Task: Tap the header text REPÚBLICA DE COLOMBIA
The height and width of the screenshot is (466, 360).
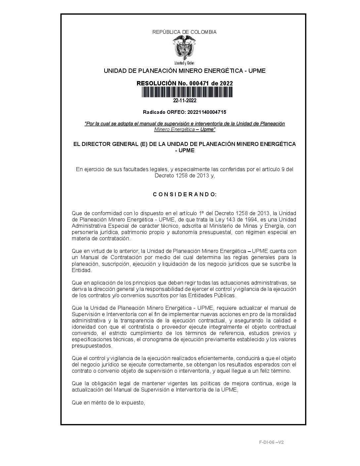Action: (x=184, y=32)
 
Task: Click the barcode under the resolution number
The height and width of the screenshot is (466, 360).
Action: (x=185, y=92)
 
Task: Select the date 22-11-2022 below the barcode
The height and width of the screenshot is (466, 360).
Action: (x=185, y=101)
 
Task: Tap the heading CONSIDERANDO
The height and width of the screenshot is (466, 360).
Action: (x=185, y=194)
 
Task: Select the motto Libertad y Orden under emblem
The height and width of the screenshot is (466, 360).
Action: (x=184, y=63)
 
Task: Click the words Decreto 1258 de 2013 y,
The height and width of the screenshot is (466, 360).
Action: (x=185, y=176)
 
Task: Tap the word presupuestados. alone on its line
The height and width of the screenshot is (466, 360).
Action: (x=92, y=346)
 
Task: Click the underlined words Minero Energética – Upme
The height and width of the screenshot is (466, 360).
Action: (x=185, y=129)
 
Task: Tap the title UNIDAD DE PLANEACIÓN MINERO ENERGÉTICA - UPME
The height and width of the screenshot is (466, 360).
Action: (x=185, y=71)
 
